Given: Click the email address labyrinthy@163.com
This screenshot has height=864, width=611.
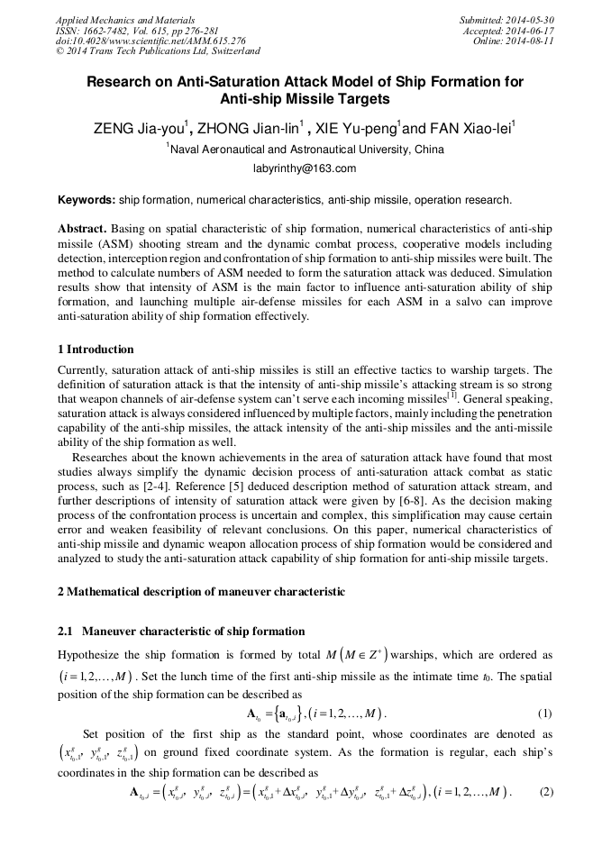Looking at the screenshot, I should click(x=305, y=168).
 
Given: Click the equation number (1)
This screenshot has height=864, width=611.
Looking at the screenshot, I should click(x=544, y=714).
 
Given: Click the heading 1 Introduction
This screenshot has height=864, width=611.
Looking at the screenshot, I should click(x=96, y=350).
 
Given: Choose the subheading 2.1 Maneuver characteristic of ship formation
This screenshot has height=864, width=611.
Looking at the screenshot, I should click(x=181, y=632).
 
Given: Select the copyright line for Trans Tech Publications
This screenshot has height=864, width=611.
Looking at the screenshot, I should click(x=158, y=51).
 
